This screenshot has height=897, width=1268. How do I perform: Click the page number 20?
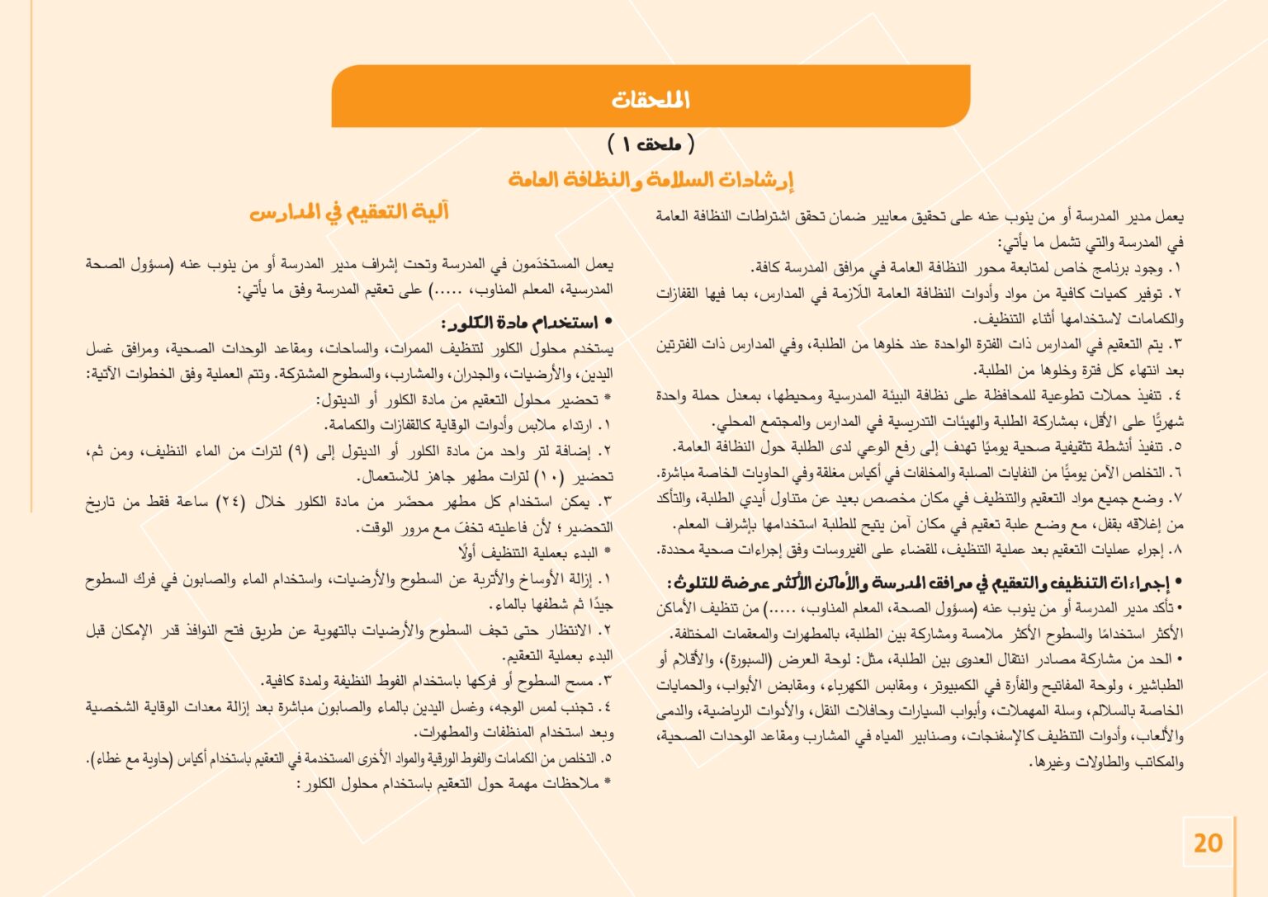pos(1208,843)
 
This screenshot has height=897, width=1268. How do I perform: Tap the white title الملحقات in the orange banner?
pos(651,100)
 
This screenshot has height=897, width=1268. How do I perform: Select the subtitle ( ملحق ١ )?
pos(651,144)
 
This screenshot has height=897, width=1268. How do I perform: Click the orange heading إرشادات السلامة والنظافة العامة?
pos(651,179)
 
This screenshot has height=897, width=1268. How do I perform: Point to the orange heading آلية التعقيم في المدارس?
pos(349,212)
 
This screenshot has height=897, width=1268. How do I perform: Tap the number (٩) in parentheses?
pos(302,451)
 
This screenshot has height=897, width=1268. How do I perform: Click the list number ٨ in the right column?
pos(1177,550)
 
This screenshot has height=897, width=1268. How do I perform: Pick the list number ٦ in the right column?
pos(1177,473)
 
